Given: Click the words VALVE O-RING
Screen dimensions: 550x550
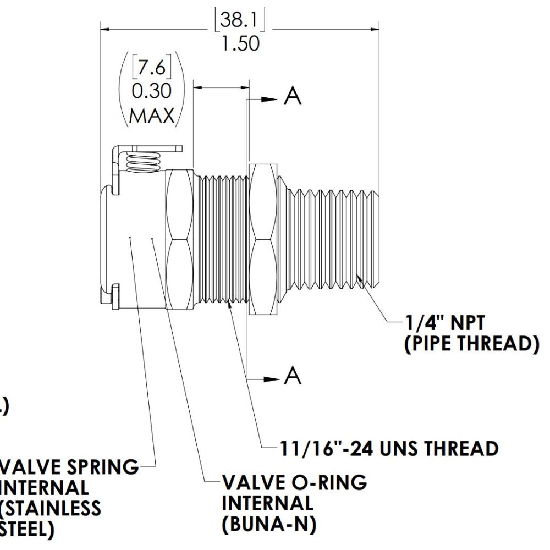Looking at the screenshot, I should pos(294,483).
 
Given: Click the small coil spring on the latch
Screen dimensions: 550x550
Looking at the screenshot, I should pos(142,162).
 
